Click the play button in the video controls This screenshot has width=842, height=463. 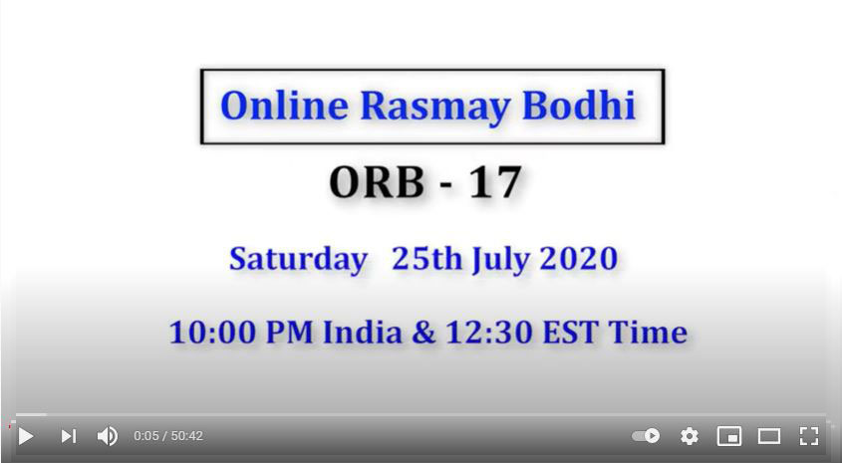coord(26,436)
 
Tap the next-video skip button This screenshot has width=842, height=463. coord(68,436)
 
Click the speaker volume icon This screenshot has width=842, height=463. coord(107,436)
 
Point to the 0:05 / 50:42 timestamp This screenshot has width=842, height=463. coord(168,436)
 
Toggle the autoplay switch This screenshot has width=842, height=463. coord(646,436)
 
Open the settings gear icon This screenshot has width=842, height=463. coord(690,436)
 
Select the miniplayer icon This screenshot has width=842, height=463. coord(729,436)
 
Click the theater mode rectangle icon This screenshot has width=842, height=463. coord(769,436)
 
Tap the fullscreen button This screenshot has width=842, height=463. coord(809,436)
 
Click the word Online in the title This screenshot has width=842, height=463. coord(284,106)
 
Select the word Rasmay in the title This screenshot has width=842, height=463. coord(435,107)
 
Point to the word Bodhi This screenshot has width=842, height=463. coord(579,105)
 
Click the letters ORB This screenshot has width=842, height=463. coord(377,182)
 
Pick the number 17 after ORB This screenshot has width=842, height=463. coord(495,182)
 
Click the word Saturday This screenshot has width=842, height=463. coord(299,260)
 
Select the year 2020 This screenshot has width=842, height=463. coord(579,259)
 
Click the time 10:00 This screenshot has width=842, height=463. coord(212,333)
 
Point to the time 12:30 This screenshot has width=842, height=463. coord(489,333)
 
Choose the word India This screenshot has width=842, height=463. coord(363,333)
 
